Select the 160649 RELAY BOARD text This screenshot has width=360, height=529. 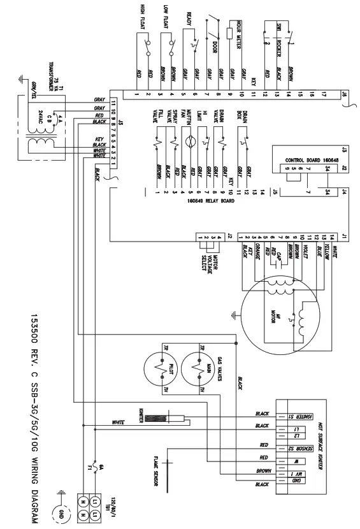[211, 199]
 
